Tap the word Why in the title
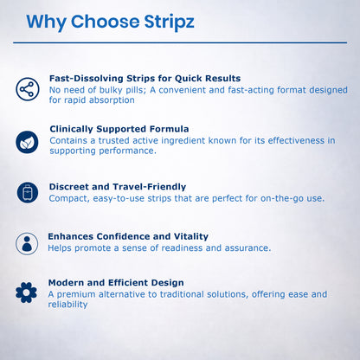(49, 21)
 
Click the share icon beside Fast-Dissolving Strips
(27, 88)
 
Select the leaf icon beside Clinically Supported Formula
(27, 141)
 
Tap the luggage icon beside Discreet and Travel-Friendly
(27, 192)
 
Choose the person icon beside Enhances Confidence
(27, 243)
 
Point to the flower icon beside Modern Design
(27, 292)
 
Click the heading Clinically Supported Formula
(119, 129)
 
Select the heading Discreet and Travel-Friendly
(117, 186)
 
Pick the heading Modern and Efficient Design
(116, 282)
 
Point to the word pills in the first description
(162, 89)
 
